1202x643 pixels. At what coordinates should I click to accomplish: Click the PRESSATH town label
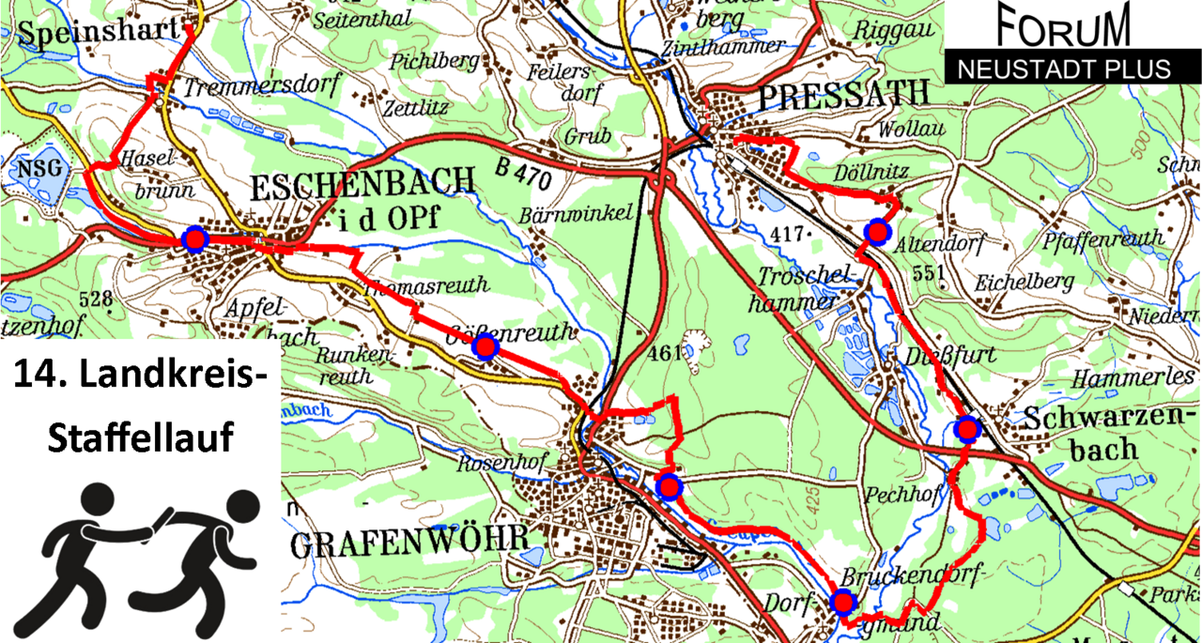pos(841,94)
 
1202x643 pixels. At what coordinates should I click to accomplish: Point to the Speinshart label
pos(97,32)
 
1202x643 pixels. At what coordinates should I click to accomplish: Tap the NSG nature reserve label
pos(39,170)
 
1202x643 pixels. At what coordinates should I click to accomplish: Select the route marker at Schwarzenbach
pos(966,429)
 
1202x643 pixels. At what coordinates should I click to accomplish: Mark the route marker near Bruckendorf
pos(842,602)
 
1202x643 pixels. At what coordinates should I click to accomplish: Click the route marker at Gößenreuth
pos(485,348)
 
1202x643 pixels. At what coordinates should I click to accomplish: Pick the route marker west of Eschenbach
pos(194,239)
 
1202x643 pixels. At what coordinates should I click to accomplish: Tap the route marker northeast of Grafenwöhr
pos(669,486)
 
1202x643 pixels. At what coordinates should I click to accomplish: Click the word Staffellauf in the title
pos(140,437)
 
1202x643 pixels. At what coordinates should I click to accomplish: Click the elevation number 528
pos(98,301)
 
